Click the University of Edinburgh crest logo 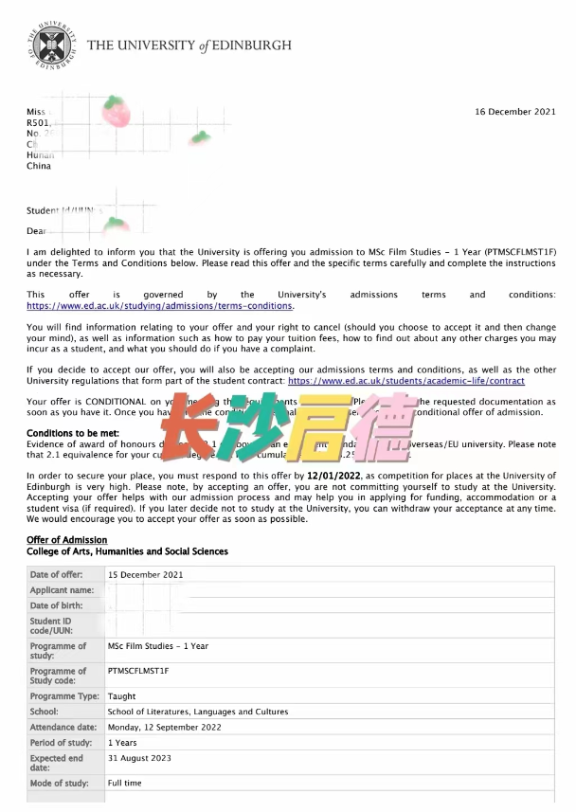click(50, 44)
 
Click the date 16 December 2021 click(515, 112)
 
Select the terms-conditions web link click(160, 306)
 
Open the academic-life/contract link click(405, 380)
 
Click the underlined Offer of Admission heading click(66, 540)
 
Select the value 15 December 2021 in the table click(145, 575)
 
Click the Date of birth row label click(57, 605)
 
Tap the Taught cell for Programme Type click(122, 696)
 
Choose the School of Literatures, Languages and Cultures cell click(198, 712)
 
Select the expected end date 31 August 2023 click(139, 758)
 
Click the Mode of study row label click(59, 784)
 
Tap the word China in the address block click(39, 166)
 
